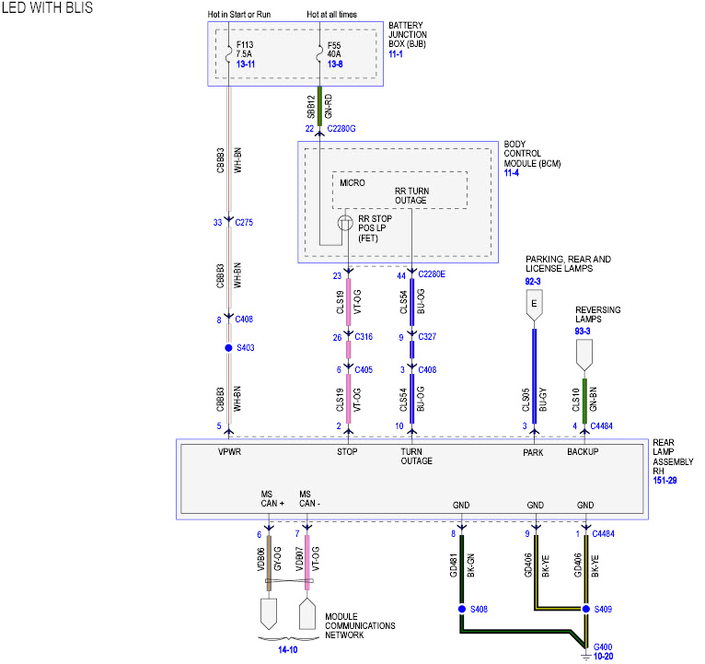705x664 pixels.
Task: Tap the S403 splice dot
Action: click(229, 348)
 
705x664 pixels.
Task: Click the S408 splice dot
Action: click(461, 609)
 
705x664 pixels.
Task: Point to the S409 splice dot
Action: click(585, 609)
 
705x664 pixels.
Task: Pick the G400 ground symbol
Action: click(585, 655)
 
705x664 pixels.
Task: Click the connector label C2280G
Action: click(341, 128)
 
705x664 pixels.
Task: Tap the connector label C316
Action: click(364, 337)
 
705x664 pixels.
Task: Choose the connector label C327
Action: click(427, 337)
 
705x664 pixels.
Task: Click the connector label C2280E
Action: click(432, 274)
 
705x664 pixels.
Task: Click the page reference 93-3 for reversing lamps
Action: click(583, 331)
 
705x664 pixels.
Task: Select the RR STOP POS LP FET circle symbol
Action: click(344, 223)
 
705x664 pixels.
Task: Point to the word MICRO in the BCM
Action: click(352, 183)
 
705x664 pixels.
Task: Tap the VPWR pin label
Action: click(229, 452)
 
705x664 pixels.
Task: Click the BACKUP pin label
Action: click(583, 452)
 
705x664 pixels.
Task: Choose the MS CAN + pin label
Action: click(273, 499)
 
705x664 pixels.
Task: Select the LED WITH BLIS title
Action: click(47, 8)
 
